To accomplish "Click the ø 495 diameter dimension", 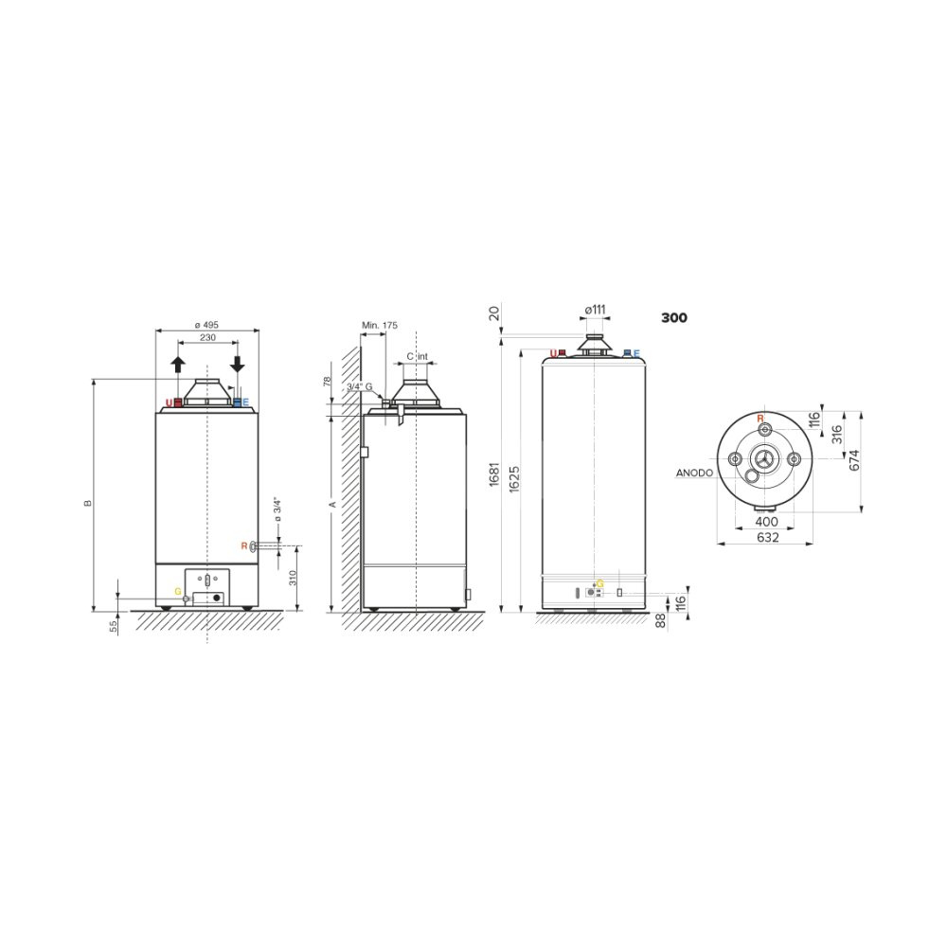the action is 207,325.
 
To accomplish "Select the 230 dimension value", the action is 207,338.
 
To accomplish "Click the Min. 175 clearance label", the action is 380,325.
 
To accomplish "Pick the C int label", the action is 418,356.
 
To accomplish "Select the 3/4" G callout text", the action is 360,386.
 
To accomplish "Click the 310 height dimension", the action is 293,578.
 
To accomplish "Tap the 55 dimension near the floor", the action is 114,626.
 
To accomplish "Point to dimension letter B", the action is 88,503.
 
